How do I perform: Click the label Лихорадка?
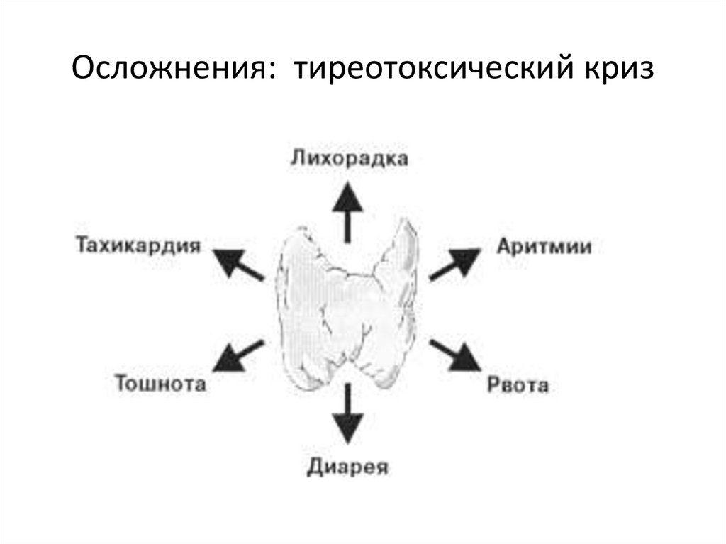(x=349, y=158)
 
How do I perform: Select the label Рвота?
(x=518, y=385)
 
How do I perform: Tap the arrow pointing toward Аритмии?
(x=454, y=264)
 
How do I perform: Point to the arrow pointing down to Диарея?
(x=348, y=415)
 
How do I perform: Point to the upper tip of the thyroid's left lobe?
(x=301, y=231)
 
